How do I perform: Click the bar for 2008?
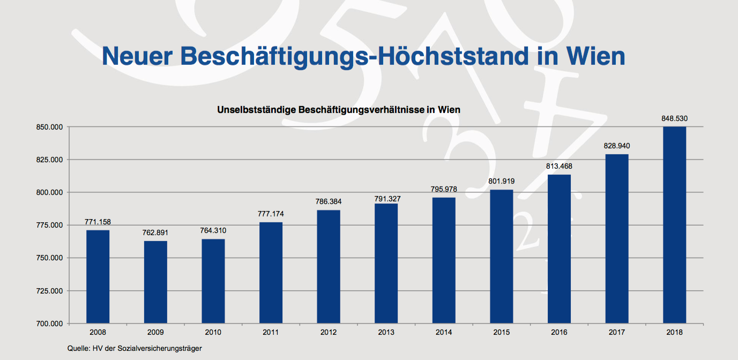click(x=98, y=276)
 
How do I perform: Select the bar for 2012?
click(x=328, y=266)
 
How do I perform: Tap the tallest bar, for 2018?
click(x=674, y=225)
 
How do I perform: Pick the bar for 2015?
click(x=501, y=256)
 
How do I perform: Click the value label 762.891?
click(x=155, y=233)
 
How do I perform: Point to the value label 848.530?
click(x=674, y=118)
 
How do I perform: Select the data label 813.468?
click(x=559, y=166)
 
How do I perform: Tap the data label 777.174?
click(x=271, y=214)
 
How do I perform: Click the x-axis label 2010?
click(x=213, y=333)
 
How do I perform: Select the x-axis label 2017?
click(x=616, y=333)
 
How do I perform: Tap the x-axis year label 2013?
click(x=386, y=333)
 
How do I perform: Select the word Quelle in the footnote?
click(x=78, y=349)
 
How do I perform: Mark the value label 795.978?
click(x=444, y=189)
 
